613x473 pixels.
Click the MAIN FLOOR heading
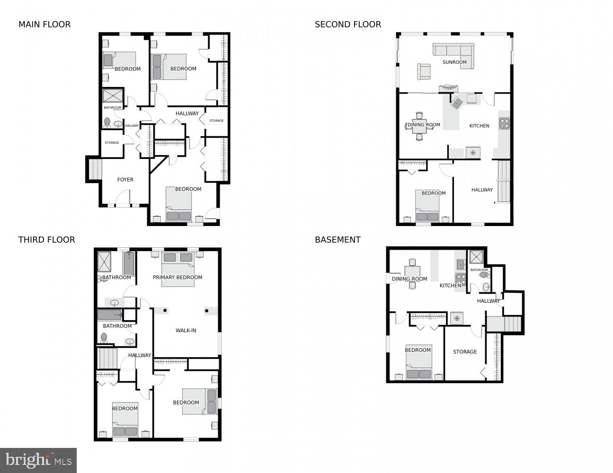click(44, 25)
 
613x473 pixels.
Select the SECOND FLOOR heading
click(348, 25)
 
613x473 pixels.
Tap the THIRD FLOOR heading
click(46, 240)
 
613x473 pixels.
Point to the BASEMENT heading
click(338, 240)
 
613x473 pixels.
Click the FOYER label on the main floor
click(125, 180)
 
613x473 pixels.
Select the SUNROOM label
click(454, 62)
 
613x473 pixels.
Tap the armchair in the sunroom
click(424, 71)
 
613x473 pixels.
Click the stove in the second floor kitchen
click(505, 123)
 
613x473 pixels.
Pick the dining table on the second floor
click(419, 126)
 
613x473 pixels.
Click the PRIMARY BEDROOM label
click(178, 278)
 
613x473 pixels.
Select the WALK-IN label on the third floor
click(186, 331)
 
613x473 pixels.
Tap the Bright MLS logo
click(38, 460)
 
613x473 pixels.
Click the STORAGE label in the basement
click(465, 352)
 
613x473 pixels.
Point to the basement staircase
click(504, 324)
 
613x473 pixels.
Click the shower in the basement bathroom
click(476, 257)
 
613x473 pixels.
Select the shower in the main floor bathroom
click(113, 96)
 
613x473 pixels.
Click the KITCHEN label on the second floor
click(479, 126)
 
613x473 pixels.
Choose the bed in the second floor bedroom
click(427, 207)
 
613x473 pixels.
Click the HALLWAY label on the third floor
click(140, 355)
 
